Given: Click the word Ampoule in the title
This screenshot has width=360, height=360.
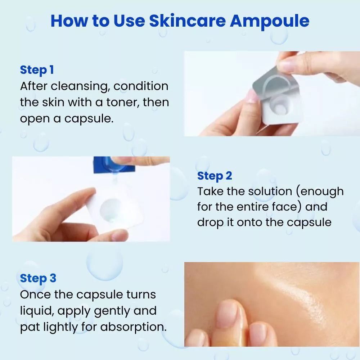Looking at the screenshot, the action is click(x=270, y=21).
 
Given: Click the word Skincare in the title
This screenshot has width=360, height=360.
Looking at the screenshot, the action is click(x=188, y=21).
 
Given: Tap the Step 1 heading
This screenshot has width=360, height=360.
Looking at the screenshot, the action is click(x=37, y=70).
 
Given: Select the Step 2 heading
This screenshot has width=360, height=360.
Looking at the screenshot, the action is click(x=215, y=176).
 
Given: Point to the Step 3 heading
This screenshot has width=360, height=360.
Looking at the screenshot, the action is click(x=38, y=278).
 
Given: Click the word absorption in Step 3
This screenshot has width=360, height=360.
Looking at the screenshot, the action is click(x=133, y=327).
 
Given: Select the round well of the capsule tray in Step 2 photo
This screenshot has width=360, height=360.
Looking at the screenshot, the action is click(x=111, y=210).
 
